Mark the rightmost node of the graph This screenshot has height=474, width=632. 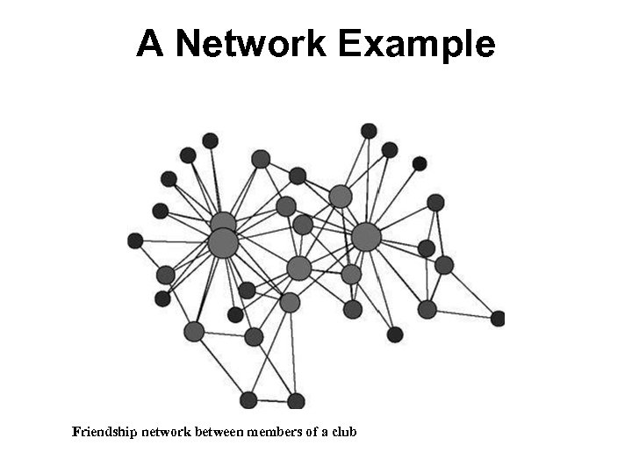(498, 318)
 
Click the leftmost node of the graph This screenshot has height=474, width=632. (135, 241)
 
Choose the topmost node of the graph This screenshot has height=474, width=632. (369, 131)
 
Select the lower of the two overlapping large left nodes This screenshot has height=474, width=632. (223, 243)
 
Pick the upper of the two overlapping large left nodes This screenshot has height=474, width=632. (223, 222)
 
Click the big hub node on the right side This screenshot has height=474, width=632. (366, 236)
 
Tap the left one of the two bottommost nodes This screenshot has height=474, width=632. (248, 399)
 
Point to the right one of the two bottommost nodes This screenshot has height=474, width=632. (296, 401)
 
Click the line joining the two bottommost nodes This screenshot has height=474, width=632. (272, 400)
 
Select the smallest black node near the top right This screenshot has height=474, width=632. (420, 163)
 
